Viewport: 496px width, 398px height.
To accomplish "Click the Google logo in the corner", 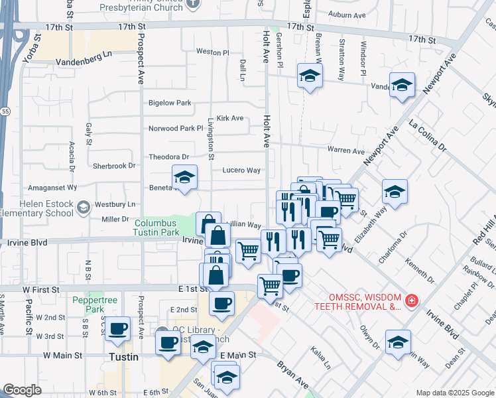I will pos(22,390).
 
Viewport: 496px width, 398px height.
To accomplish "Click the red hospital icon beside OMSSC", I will pos(412,300).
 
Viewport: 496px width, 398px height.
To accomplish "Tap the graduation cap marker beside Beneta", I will pos(184,178).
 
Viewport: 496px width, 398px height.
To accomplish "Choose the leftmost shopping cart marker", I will pos(248,251).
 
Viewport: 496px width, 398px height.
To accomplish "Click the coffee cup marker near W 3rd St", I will pos(118,328).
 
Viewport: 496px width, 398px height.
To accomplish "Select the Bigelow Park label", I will pos(170,103).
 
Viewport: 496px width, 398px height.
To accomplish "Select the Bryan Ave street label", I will pos(292,373).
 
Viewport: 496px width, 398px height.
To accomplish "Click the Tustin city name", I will pos(123,357).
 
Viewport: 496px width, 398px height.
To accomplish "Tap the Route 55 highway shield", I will pos(5,111).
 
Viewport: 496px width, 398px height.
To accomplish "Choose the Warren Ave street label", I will pos(345,151).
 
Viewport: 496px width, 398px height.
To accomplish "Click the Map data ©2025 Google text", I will pos(455,393).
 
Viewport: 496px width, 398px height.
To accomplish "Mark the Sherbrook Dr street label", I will pos(114,165).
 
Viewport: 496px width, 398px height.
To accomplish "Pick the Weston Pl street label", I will pos(212,52).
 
